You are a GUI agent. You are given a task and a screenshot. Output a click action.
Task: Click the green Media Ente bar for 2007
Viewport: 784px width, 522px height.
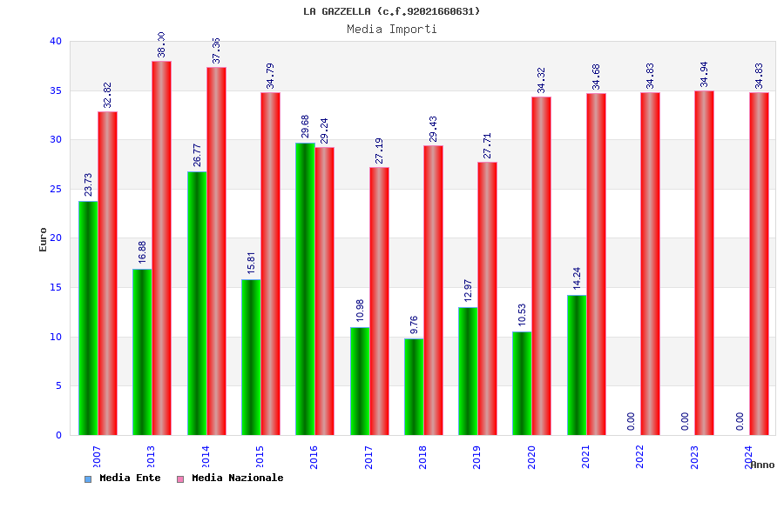point(88,318)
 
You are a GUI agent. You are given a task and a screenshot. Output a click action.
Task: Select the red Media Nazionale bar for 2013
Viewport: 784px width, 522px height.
point(161,248)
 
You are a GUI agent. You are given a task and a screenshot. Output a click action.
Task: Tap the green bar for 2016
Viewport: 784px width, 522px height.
point(305,289)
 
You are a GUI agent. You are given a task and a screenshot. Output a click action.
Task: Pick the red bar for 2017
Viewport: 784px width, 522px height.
point(379,301)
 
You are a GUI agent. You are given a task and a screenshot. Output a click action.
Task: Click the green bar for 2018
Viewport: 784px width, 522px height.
point(414,386)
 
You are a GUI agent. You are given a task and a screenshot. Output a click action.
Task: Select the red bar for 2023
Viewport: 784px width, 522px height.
point(704,263)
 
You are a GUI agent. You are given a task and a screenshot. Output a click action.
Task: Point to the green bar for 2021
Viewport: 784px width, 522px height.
point(577,365)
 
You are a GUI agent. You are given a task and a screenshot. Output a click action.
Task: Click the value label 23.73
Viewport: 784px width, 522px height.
point(89,184)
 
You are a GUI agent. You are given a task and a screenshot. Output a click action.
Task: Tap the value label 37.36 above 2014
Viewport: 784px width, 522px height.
point(216,50)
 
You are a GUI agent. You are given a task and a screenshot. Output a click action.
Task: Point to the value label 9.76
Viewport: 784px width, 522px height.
point(415,325)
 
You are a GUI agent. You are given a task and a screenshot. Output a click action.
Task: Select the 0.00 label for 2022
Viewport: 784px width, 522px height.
point(631,421)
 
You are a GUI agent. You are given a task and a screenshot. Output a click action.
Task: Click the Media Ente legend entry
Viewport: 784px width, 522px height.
point(123,478)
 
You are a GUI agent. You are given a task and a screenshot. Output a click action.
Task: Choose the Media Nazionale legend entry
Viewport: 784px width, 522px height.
point(230,478)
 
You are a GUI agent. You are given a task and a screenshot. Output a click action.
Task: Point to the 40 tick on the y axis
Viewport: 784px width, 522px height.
point(56,41)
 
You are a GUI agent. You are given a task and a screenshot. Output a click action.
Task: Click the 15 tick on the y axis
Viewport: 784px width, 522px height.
point(56,287)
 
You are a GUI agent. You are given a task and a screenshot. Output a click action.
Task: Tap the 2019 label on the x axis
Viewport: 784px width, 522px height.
point(476,457)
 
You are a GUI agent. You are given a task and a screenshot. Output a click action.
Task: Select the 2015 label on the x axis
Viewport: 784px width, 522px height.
point(260,457)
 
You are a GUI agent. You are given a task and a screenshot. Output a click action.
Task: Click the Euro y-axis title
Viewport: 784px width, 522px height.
point(44,239)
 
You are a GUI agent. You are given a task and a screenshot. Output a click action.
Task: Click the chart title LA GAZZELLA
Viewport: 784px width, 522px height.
point(391,11)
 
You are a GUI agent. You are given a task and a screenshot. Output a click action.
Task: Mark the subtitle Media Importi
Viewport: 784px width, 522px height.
point(391,29)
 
